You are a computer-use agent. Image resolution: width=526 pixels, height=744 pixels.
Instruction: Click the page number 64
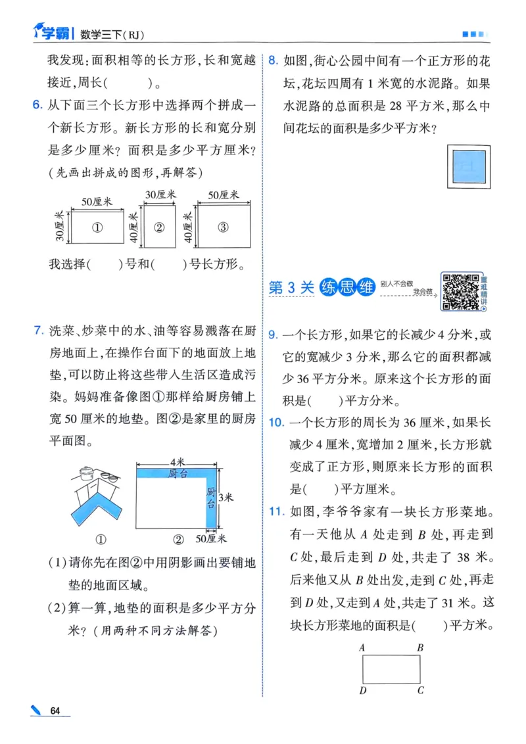55,711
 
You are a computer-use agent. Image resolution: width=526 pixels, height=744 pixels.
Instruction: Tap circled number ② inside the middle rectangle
158,228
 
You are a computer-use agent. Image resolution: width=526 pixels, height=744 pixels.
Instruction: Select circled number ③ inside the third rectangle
223,228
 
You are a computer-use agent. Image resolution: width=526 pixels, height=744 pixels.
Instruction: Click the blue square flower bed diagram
467,166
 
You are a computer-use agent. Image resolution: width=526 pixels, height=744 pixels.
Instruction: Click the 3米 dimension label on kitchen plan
226,498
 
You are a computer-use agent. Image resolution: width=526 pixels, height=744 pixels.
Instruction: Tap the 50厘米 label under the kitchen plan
212,539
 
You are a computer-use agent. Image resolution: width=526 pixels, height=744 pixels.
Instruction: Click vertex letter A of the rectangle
362,647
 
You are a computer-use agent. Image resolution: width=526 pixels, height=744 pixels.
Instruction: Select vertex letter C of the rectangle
420,690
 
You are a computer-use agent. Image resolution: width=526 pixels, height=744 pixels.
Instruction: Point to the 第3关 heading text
292,288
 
